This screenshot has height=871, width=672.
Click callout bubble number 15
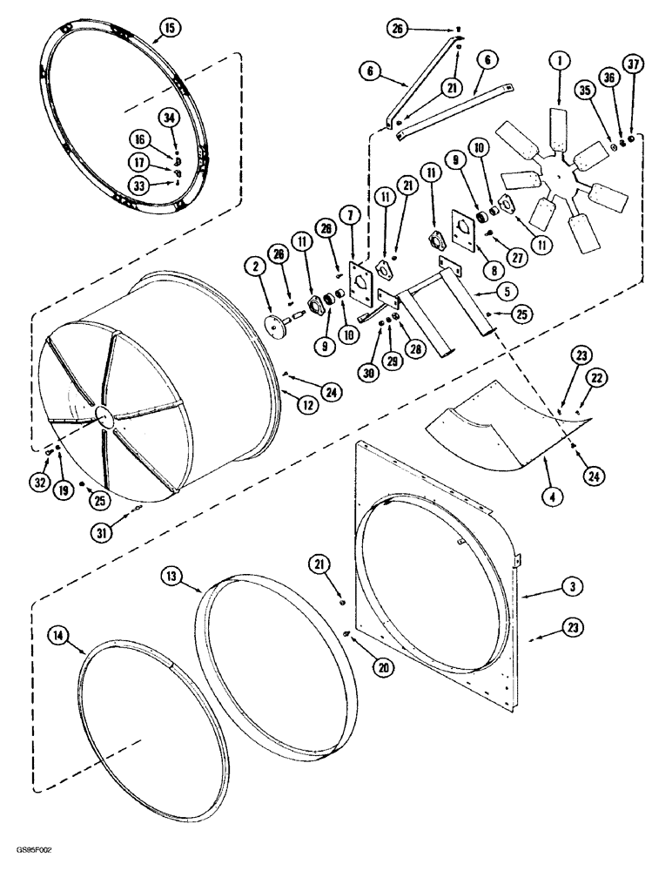[x=169, y=29]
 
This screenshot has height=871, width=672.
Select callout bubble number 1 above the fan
[x=558, y=60]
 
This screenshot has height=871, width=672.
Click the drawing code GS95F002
[x=38, y=848]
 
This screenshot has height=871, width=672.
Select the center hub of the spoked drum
[x=104, y=416]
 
